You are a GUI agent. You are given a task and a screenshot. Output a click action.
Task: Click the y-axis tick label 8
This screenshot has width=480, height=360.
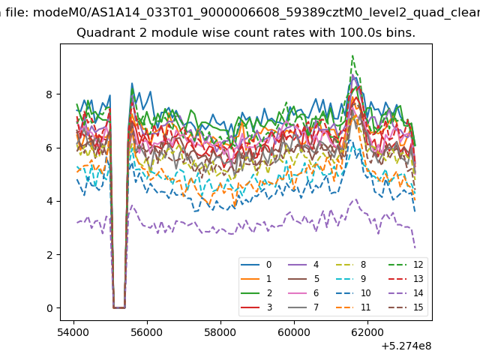pyautogui.click(x=49, y=94)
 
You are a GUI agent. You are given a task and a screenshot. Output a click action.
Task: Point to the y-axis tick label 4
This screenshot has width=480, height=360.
pyautogui.click(x=49, y=202)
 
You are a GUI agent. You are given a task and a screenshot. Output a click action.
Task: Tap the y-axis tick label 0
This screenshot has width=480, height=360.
pyautogui.click(x=49, y=308)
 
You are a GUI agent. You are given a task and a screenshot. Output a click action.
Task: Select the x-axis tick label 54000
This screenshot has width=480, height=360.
pyautogui.click(x=73, y=332)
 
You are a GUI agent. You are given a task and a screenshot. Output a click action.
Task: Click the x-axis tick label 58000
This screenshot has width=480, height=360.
pyautogui.click(x=220, y=332)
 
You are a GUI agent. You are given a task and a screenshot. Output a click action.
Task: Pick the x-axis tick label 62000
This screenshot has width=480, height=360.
pyautogui.click(x=367, y=332)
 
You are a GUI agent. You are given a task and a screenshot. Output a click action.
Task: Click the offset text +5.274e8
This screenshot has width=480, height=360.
pyautogui.click(x=406, y=346)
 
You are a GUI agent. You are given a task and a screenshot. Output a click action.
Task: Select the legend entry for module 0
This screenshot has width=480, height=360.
pyautogui.click(x=256, y=265)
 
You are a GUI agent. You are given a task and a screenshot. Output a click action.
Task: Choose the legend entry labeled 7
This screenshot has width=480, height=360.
pyautogui.click(x=304, y=307)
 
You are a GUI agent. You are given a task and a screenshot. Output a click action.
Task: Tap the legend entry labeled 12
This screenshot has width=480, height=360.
pyautogui.click(x=406, y=265)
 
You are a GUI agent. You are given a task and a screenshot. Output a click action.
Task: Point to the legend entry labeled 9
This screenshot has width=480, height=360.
pyautogui.click(x=351, y=278)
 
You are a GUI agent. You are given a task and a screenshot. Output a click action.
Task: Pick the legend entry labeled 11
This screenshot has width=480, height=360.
pyautogui.click(x=353, y=307)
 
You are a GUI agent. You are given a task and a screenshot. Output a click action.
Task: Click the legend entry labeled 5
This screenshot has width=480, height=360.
pyautogui.click(x=304, y=278)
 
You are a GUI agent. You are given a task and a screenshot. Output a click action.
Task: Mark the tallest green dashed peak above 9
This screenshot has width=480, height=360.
pyautogui.click(x=352, y=55)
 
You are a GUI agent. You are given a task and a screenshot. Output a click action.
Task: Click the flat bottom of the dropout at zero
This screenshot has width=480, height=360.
pyautogui.click(x=119, y=307)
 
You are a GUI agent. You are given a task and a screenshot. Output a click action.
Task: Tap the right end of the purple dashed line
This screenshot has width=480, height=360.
pyautogui.click(x=415, y=247)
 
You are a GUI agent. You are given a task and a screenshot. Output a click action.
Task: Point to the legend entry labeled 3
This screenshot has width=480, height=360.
pyautogui.click(x=256, y=307)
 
